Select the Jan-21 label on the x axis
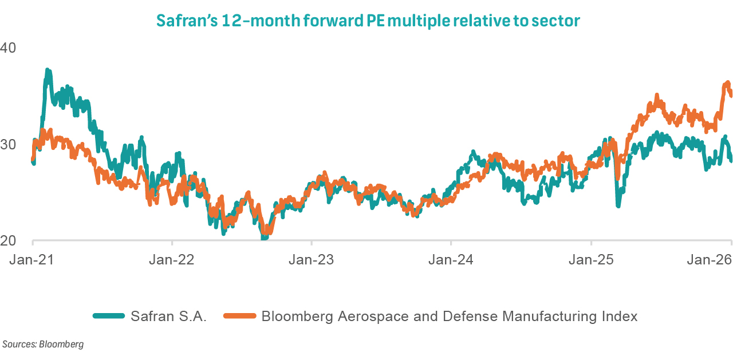pyautogui.click(x=32, y=259)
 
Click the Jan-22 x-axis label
pyautogui.click(x=172, y=259)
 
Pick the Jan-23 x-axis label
pyautogui.click(x=311, y=259)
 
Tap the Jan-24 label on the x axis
pyautogui.click(x=451, y=259)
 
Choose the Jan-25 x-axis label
pyautogui.click(x=591, y=259)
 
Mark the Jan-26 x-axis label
pyautogui.click(x=710, y=259)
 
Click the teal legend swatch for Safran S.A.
pyautogui.click(x=109, y=316)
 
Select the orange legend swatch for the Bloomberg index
pyautogui.click(x=240, y=316)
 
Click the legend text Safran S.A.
pyautogui.click(x=168, y=316)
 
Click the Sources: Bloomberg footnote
pyautogui.click(x=43, y=344)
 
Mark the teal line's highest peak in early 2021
pyautogui.click(x=48, y=70)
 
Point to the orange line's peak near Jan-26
pyautogui.click(x=727, y=83)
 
